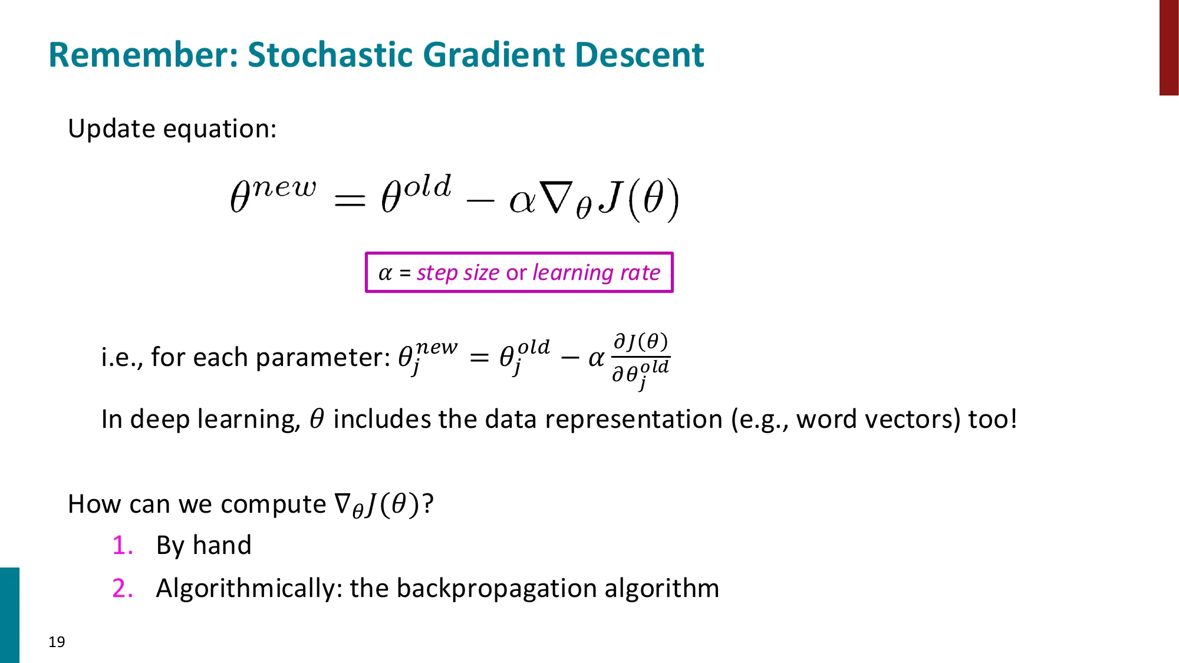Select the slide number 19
57,642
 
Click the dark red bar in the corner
1168,47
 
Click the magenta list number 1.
122,545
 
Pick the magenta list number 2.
122,588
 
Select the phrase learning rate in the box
596,272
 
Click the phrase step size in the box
458,272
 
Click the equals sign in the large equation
350,200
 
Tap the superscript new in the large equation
285,187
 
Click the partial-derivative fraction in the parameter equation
640,358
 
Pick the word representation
633,419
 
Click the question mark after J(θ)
427,504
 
